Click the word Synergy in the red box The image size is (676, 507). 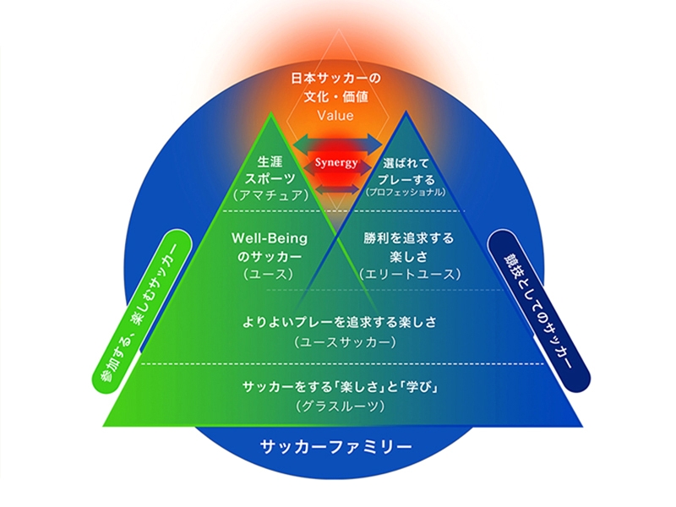point(335,161)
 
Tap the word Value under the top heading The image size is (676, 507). point(335,115)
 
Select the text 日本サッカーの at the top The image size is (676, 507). point(335,79)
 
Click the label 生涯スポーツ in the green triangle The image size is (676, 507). point(270,168)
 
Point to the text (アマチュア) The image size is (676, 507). point(270,194)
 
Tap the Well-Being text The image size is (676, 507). point(270,239)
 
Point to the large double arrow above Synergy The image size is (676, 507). point(335,140)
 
